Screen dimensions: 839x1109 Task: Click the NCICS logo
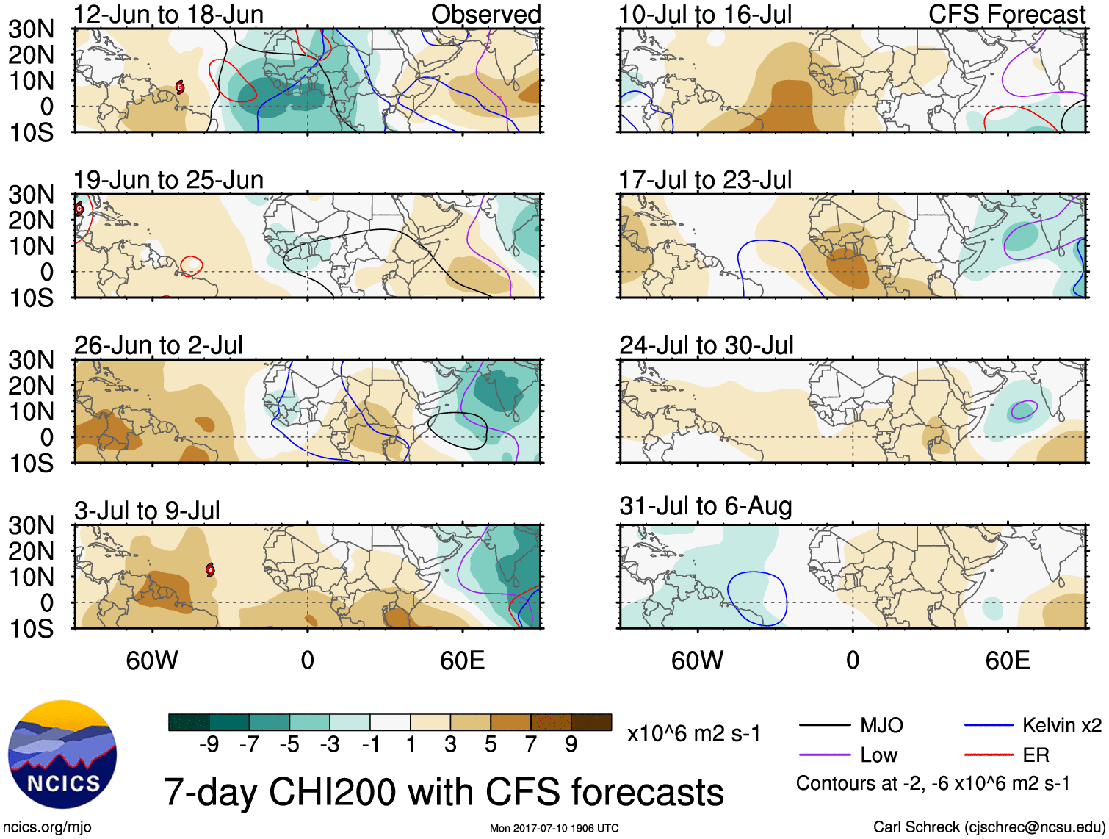(62, 755)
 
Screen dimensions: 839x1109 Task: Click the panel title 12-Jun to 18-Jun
(168, 15)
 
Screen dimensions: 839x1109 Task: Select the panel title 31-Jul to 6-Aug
(705, 506)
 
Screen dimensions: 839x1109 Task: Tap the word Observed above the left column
(485, 15)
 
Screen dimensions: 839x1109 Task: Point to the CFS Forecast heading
(1006, 15)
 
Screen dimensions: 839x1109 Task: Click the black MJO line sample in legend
(824, 726)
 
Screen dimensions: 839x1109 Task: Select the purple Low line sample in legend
(824, 755)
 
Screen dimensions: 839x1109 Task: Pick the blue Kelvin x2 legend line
(989, 726)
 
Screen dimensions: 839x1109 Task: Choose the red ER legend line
(989, 755)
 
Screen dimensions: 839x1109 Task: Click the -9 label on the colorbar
(209, 745)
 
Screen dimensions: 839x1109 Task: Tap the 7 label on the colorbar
(531, 745)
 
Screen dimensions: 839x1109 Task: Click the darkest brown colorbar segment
(591, 722)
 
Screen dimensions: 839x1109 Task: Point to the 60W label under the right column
(697, 660)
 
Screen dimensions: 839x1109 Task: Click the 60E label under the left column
(462, 660)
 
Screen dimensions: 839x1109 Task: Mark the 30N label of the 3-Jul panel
(31, 526)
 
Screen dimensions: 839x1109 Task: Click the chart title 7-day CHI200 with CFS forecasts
(444, 792)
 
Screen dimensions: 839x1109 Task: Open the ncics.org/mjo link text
(47, 827)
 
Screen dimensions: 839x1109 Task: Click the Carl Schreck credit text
(989, 827)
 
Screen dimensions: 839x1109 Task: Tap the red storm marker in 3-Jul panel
(210, 569)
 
